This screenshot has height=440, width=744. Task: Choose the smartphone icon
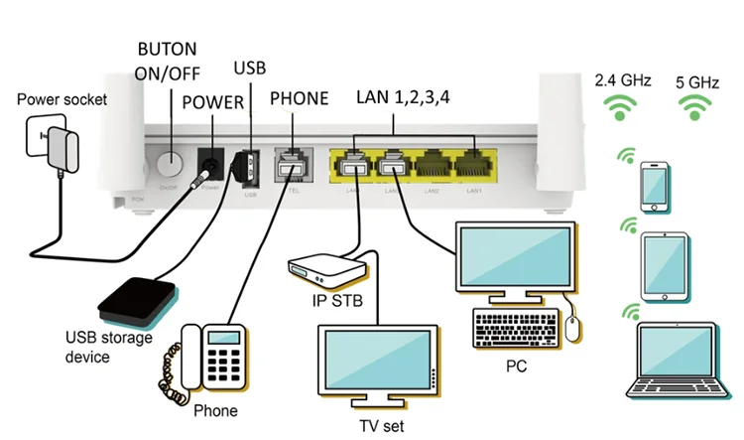point(656,186)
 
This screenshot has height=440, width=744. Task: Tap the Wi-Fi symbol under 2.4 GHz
point(621,107)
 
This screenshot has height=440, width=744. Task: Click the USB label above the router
point(250,67)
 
